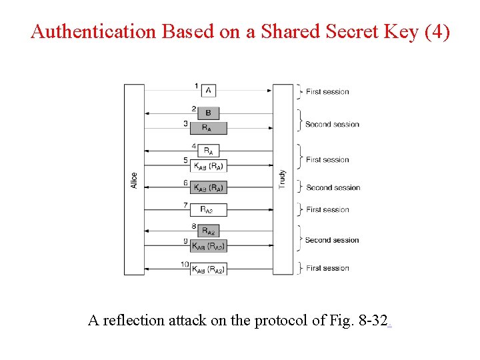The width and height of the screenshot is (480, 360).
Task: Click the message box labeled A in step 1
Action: (x=208, y=91)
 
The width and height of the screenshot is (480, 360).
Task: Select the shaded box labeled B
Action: (x=208, y=113)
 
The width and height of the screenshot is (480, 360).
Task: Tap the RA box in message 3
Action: (x=208, y=127)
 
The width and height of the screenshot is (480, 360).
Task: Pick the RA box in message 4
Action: (x=208, y=151)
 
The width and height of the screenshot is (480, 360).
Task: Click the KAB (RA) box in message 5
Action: (x=208, y=165)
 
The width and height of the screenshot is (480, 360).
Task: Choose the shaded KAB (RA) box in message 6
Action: (x=208, y=188)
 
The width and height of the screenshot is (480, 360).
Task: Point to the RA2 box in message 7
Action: (x=208, y=210)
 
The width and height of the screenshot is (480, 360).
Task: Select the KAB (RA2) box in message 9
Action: (x=208, y=246)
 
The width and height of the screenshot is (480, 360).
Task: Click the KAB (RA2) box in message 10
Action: (x=208, y=269)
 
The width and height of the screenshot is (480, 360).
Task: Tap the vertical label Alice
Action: (x=134, y=180)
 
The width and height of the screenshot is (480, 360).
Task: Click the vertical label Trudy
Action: (x=282, y=179)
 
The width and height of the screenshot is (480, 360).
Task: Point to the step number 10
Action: (x=184, y=265)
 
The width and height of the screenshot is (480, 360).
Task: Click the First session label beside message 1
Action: (x=327, y=92)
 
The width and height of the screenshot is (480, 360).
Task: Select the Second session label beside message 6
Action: (x=333, y=188)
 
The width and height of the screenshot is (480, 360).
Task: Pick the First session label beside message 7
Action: (x=327, y=210)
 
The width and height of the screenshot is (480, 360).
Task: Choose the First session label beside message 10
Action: (x=327, y=268)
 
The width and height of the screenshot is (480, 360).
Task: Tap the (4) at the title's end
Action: (x=437, y=31)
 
